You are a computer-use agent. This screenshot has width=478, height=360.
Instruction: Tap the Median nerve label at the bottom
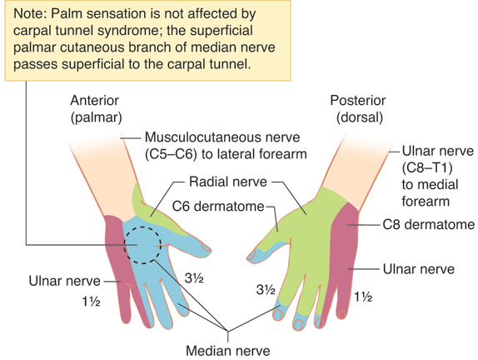[x=228, y=351]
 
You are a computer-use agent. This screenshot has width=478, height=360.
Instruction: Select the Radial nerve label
[x=228, y=182]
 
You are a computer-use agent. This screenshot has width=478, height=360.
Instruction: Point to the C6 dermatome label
[x=218, y=206]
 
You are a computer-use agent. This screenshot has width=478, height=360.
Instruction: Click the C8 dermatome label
[x=429, y=225]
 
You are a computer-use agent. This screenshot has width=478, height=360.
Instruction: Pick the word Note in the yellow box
[x=30, y=13]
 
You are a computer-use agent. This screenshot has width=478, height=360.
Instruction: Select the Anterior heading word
[x=94, y=100]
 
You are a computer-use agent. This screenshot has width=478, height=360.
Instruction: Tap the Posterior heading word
[x=358, y=100]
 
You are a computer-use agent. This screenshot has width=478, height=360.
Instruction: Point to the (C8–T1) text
[x=426, y=167]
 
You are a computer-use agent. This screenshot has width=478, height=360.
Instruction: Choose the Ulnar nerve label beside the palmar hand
[x=65, y=281]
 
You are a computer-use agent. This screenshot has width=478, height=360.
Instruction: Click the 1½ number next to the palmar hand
[x=91, y=302]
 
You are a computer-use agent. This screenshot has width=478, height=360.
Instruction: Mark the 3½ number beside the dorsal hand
[x=266, y=290]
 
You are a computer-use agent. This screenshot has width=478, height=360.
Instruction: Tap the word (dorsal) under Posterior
[x=360, y=117]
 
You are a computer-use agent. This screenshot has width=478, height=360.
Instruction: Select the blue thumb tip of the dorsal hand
[x=255, y=254]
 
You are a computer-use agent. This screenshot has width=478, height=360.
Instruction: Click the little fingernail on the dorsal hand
[x=341, y=314]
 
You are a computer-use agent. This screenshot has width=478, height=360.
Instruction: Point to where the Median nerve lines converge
[x=227, y=332]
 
